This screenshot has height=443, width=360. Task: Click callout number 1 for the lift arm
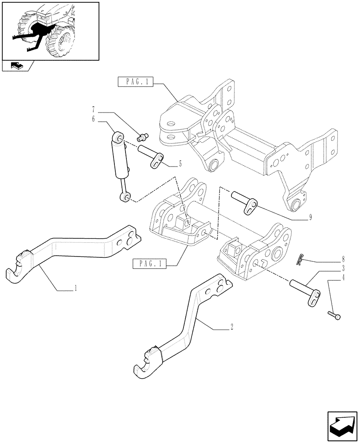click(76, 288)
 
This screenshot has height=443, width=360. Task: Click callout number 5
click(180, 164)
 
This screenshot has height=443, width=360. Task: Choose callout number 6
click(94, 120)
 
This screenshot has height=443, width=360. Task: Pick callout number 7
click(94, 109)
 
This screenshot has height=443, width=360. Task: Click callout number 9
click(310, 217)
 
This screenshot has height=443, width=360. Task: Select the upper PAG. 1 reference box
click(136, 82)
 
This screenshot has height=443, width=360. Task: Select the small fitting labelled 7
click(143, 135)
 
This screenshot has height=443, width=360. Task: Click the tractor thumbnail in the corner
click(50, 31)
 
